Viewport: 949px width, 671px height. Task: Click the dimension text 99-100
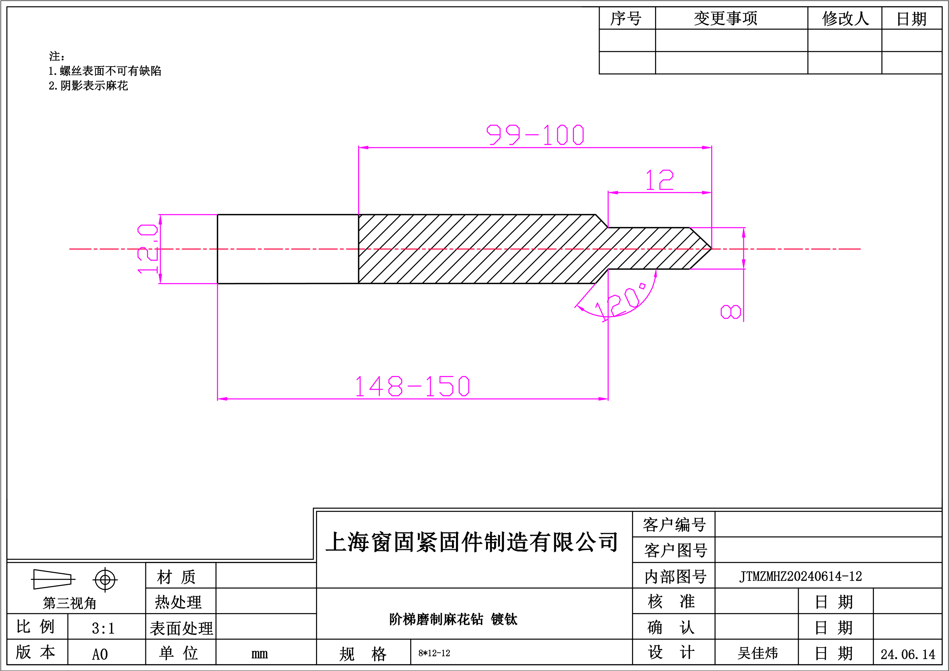535,135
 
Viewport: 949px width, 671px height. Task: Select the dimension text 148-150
412,386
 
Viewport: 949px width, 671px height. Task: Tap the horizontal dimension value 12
660,180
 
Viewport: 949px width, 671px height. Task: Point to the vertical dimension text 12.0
147,249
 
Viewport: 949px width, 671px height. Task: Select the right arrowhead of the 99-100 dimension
707,148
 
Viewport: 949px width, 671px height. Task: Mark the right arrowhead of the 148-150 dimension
604,399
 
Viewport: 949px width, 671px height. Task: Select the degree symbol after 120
642,286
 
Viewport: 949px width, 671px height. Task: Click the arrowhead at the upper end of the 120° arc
655,274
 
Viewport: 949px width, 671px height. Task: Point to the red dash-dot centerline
455,249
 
